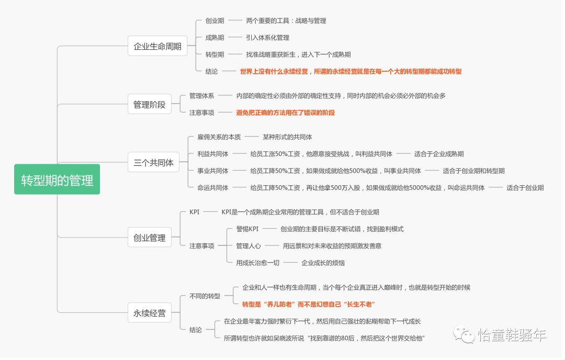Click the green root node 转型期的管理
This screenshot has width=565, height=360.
(57, 181)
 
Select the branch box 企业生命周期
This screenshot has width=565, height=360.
(157, 46)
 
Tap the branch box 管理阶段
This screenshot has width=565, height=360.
(149, 104)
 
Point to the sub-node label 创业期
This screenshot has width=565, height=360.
(214, 21)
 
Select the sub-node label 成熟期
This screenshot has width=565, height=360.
(214, 38)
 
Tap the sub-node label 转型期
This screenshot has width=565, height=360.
(214, 54)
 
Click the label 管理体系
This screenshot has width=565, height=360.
(201, 96)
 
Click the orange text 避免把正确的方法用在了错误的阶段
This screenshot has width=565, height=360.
(285, 113)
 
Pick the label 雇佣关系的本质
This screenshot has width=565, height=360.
(219, 137)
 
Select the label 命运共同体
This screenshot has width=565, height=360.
(213, 187)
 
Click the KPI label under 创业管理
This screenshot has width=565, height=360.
(194, 212)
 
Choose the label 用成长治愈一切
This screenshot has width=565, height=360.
(257, 263)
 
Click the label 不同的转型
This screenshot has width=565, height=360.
(205, 296)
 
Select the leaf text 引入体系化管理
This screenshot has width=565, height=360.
(267, 38)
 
